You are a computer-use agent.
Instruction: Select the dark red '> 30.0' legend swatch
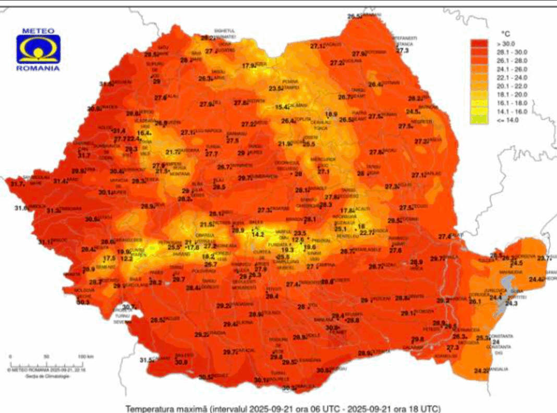pyautogui.click(x=478, y=44)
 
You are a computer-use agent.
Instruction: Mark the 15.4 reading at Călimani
pyautogui.click(x=282, y=106)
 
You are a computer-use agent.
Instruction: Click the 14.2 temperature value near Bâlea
pyautogui.click(x=258, y=235)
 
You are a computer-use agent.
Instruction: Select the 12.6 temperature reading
pyautogui.click(x=298, y=240)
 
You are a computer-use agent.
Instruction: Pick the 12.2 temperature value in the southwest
pyautogui.click(x=126, y=258)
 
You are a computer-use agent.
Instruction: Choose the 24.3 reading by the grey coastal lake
pyautogui.click(x=511, y=303)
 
